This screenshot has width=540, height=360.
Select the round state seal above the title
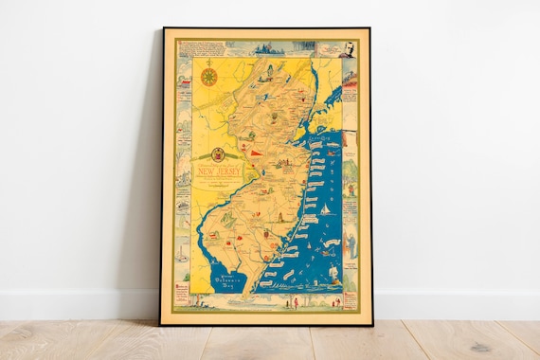[x=218, y=154]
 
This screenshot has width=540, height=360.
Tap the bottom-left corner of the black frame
[x=162, y=323]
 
